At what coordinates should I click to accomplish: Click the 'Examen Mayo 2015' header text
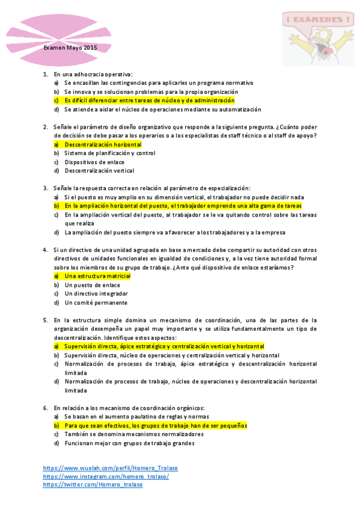point(70,48)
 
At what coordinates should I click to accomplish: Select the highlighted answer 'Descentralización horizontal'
point(103,145)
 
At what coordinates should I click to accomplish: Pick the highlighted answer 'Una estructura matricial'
point(97,276)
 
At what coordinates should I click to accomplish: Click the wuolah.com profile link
point(110,468)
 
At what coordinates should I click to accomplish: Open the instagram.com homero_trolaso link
point(106,476)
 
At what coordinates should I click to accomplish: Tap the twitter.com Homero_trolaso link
point(93,485)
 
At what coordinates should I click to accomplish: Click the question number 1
point(45,75)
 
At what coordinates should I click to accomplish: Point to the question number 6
point(45,408)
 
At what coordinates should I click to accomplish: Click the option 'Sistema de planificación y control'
point(110,153)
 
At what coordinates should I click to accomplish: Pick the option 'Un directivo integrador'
point(96,293)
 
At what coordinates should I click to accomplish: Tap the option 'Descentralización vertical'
point(99,171)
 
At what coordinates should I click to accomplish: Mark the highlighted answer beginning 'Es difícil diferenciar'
point(149,100)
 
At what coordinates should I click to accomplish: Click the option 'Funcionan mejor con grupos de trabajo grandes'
point(129,443)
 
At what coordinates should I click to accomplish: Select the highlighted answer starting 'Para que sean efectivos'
point(156,425)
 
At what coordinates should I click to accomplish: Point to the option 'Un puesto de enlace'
point(93,285)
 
